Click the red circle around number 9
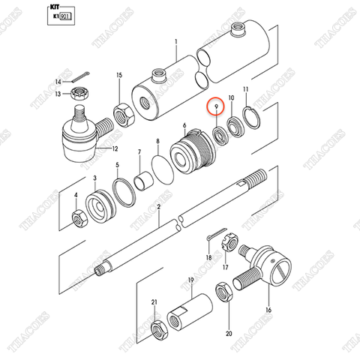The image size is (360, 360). [x=217, y=108]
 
